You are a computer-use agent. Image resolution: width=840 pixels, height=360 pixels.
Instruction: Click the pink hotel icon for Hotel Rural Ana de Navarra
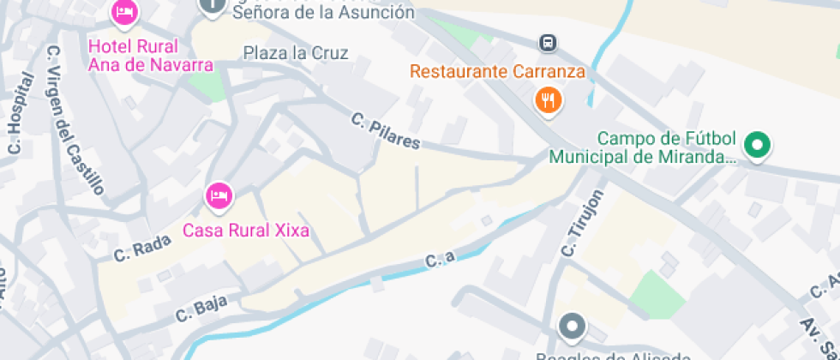(125, 13)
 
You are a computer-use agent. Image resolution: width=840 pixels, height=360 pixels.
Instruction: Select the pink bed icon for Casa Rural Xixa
(219, 195)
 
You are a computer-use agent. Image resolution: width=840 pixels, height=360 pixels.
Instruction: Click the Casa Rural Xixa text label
(246, 230)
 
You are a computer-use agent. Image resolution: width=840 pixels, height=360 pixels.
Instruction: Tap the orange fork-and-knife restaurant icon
(548, 100)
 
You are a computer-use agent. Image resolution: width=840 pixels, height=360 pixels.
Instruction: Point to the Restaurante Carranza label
(497, 71)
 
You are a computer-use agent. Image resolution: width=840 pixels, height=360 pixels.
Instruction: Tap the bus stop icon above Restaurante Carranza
(548, 42)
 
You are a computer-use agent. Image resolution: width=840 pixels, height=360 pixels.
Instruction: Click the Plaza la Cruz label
(296, 53)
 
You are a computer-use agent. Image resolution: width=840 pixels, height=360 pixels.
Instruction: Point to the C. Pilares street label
(386, 131)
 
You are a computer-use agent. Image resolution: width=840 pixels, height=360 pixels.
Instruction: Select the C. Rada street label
(143, 249)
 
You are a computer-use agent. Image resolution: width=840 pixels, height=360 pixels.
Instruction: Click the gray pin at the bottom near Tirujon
(572, 327)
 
